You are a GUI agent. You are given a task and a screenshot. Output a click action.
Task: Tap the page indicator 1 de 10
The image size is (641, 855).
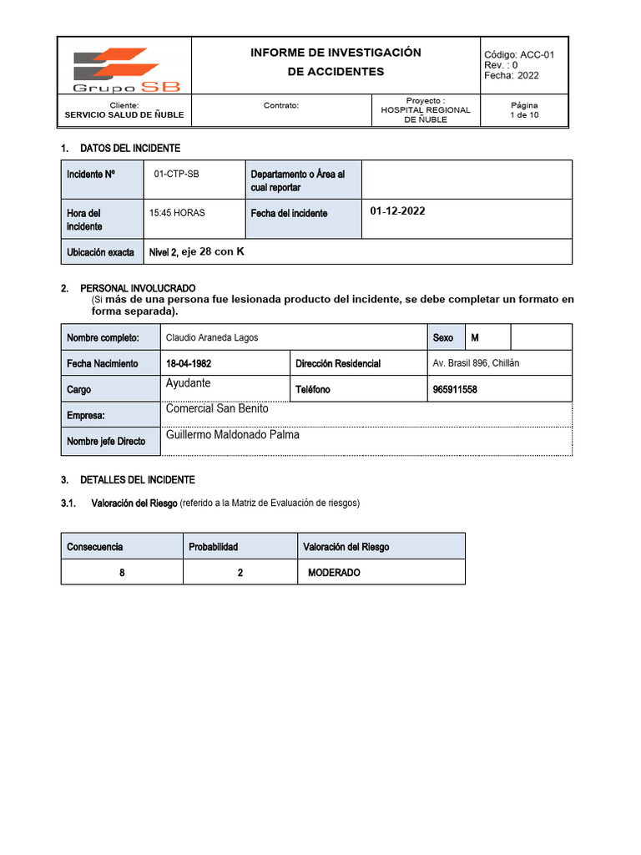(524, 115)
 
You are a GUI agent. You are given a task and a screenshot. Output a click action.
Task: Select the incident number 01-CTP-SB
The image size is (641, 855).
(177, 174)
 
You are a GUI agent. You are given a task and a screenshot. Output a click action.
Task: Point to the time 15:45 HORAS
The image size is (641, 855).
(177, 213)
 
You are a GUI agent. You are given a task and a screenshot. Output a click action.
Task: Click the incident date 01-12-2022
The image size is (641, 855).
(397, 211)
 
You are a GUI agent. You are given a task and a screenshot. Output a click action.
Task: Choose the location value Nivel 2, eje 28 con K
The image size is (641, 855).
(196, 251)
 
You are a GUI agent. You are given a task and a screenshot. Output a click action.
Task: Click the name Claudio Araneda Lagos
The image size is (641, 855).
(212, 337)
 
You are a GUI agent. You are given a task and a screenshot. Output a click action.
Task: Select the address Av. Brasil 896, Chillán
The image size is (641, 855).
(476, 363)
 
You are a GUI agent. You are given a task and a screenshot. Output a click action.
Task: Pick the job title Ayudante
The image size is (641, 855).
(189, 383)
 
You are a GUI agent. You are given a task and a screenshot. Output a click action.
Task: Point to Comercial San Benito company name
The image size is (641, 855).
(217, 409)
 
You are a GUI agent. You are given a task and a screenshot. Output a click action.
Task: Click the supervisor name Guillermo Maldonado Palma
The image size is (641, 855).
(233, 435)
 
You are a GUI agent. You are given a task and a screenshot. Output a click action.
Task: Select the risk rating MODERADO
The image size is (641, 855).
(334, 573)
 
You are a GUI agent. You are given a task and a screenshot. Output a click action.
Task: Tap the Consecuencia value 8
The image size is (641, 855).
(122, 573)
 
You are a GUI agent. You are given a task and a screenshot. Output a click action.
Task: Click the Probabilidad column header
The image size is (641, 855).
(214, 547)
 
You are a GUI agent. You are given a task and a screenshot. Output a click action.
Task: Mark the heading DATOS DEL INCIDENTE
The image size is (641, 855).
(129, 149)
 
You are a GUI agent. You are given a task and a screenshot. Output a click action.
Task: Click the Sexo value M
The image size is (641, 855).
(475, 337)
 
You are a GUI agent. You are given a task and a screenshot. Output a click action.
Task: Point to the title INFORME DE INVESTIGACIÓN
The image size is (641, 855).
(336, 53)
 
